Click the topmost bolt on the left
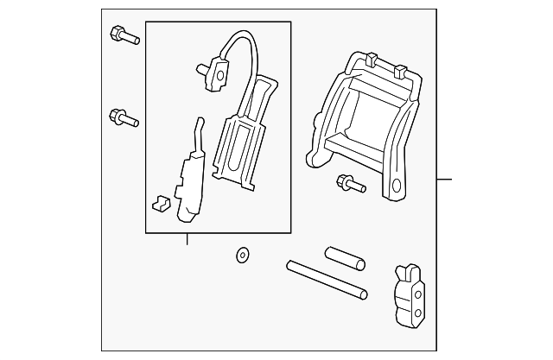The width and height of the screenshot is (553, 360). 123,35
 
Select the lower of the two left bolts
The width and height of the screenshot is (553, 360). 123,117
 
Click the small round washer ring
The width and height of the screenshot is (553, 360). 242,256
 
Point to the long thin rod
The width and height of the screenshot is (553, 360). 327,281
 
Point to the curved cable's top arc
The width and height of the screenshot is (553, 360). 242,35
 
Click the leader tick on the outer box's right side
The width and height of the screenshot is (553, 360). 444,180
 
